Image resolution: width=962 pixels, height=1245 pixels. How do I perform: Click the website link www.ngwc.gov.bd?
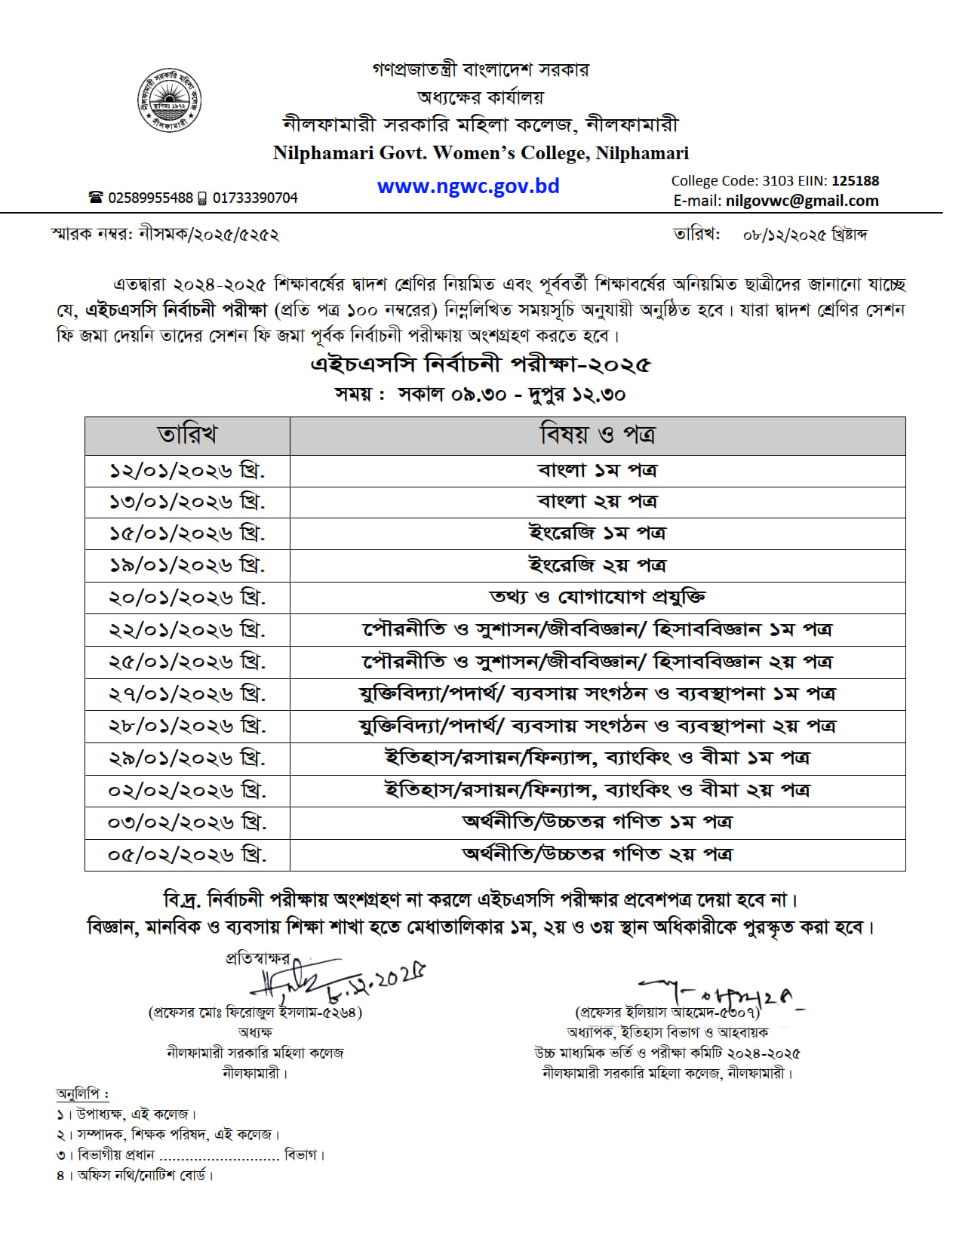pyautogui.click(x=468, y=186)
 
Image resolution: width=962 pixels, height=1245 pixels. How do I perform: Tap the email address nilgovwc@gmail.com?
pyautogui.click(x=802, y=201)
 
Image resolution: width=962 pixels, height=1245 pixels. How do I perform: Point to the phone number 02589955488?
pyautogui.click(x=150, y=198)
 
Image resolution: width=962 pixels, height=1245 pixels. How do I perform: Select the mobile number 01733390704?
pyautogui.click(x=255, y=198)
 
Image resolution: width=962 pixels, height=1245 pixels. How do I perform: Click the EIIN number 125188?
pyautogui.click(x=855, y=181)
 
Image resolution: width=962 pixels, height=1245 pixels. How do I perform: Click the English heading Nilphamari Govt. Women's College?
pyautogui.click(x=481, y=153)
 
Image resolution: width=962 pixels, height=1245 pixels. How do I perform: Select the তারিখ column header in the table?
pyautogui.click(x=187, y=435)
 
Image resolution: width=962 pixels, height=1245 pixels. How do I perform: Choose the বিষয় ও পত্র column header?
pyautogui.click(x=597, y=435)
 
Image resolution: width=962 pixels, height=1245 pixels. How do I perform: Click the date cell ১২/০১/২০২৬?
pyautogui.click(x=187, y=471)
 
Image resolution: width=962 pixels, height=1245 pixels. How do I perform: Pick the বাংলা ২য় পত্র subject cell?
pyautogui.click(x=597, y=502)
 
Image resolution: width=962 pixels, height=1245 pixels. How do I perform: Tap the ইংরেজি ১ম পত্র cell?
pyautogui.click(x=597, y=533)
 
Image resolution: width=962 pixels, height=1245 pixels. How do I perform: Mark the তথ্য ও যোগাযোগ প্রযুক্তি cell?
pyautogui.click(x=597, y=597)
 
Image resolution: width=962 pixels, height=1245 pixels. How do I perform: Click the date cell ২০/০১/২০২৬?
pyautogui.click(x=187, y=598)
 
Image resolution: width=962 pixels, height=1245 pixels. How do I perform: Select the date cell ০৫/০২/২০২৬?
pyautogui.click(x=187, y=855)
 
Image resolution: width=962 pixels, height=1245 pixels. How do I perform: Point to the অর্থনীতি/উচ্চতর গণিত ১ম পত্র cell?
pyautogui.click(x=597, y=822)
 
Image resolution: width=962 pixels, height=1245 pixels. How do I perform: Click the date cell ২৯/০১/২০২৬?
pyautogui.click(x=187, y=758)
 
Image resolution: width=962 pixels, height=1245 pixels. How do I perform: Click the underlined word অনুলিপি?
pyautogui.click(x=82, y=1093)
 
